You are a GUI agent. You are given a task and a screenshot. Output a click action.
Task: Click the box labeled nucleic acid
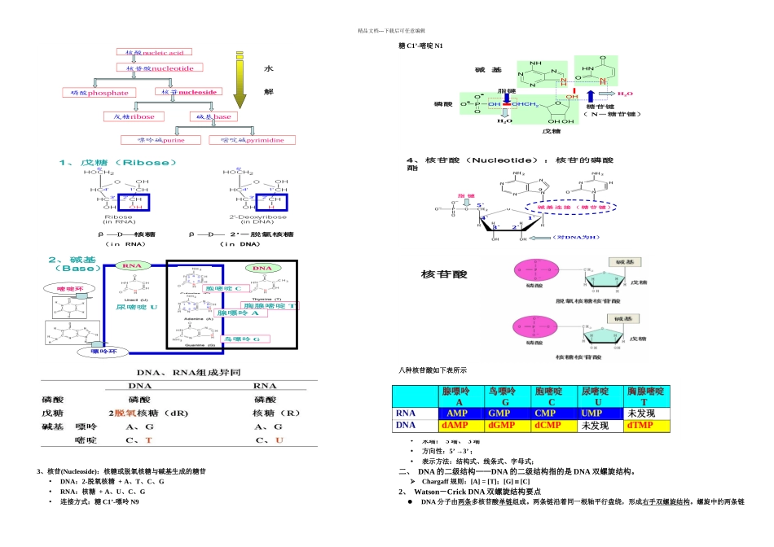(155, 52)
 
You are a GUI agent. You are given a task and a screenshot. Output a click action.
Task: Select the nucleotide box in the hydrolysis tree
(160, 68)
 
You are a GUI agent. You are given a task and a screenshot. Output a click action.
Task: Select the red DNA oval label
(262, 268)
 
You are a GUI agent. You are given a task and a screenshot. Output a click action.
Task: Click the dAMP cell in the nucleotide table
(462, 425)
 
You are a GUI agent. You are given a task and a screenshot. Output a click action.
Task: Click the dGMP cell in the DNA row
(508, 425)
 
